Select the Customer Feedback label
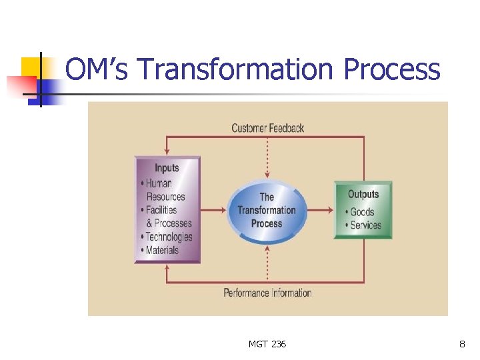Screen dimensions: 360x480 [267, 127]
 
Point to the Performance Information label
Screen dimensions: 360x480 [267, 293]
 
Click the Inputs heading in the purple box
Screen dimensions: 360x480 [167, 168]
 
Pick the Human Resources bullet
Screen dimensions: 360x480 [163, 190]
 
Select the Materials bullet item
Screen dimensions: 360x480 [161, 250]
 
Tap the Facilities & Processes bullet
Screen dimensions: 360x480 [167, 217]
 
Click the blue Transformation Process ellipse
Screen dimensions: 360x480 [267, 211]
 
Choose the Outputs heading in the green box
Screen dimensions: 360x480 [363, 194]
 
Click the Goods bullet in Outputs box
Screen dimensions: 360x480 [361, 212]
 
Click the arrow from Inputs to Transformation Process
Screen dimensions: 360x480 [213, 211]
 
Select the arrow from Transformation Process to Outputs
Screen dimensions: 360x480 [321, 211]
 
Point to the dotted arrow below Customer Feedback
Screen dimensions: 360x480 [267, 157]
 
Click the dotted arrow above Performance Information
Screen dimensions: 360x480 [267, 263]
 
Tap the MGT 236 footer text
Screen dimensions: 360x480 [267, 344]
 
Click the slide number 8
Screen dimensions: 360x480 [462, 344]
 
